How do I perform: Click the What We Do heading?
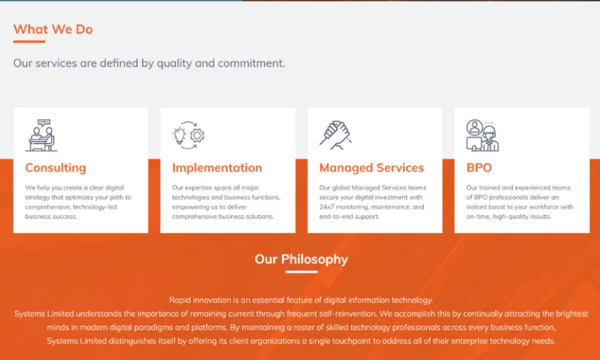click(53, 29)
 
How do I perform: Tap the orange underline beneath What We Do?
click(29, 41)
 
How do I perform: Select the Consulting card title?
click(55, 168)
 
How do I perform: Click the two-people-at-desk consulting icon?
click(41, 135)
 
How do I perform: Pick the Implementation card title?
click(217, 168)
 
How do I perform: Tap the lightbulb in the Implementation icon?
click(179, 136)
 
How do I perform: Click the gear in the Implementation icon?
click(197, 136)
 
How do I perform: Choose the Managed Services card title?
click(371, 168)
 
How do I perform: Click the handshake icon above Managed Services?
click(335, 135)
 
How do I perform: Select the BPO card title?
click(478, 168)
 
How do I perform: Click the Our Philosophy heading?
click(301, 259)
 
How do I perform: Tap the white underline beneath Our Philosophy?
click(301, 271)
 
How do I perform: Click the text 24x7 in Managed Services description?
click(325, 207)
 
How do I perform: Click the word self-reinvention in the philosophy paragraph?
click(351, 314)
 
